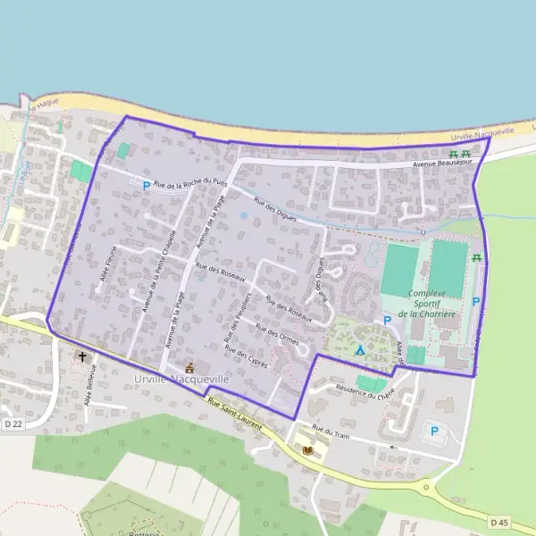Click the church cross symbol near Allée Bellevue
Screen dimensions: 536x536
click(83, 357)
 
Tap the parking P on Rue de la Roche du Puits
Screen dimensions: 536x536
click(147, 186)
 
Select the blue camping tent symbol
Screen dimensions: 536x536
click(360, 350)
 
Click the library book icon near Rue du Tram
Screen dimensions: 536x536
click(309, 450)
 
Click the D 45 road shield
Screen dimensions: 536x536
click(499, 521)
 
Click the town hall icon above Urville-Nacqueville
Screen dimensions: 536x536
click(189, 367)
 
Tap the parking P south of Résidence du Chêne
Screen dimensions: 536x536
click(435, 431)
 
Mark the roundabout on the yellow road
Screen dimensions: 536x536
click(426, 486)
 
